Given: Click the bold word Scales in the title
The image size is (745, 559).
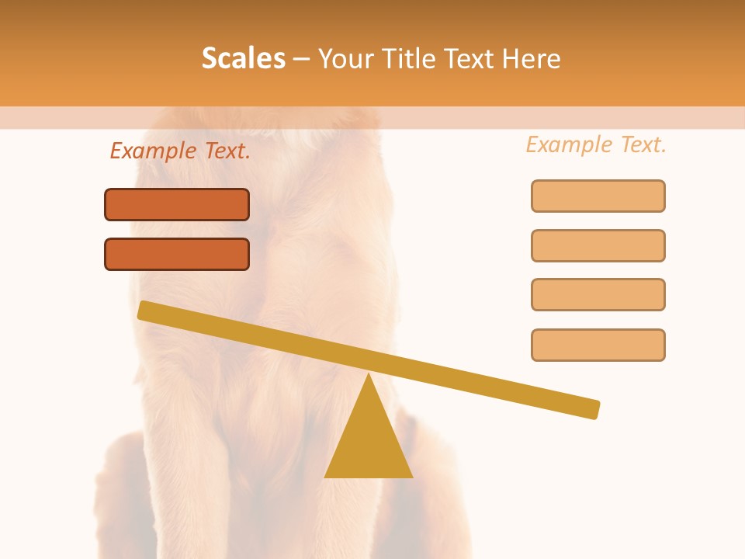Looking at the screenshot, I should tap(243, 58).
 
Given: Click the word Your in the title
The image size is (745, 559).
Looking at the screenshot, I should tap(347, 59).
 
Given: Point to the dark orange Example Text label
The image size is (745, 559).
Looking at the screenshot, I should tap(180, 151).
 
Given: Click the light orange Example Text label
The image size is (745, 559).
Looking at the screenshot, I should tap(596, 144).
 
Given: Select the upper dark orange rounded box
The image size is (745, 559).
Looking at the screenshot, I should tap(177, 205).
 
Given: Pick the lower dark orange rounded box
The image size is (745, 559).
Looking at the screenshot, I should tap(177, 254).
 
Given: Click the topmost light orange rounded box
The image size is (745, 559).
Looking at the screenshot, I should tap(598, 196).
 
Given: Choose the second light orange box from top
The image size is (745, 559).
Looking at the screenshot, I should tap(598, 245).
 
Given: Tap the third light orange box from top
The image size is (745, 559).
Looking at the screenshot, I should tap(598, 294).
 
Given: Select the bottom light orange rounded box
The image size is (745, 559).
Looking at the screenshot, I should tap(598, 345).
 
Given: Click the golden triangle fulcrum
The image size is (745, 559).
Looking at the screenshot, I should tap(369, 443).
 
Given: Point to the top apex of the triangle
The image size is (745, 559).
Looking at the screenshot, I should tap(369, 375).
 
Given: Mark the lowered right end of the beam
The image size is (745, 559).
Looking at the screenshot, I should tap(594, 409).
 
